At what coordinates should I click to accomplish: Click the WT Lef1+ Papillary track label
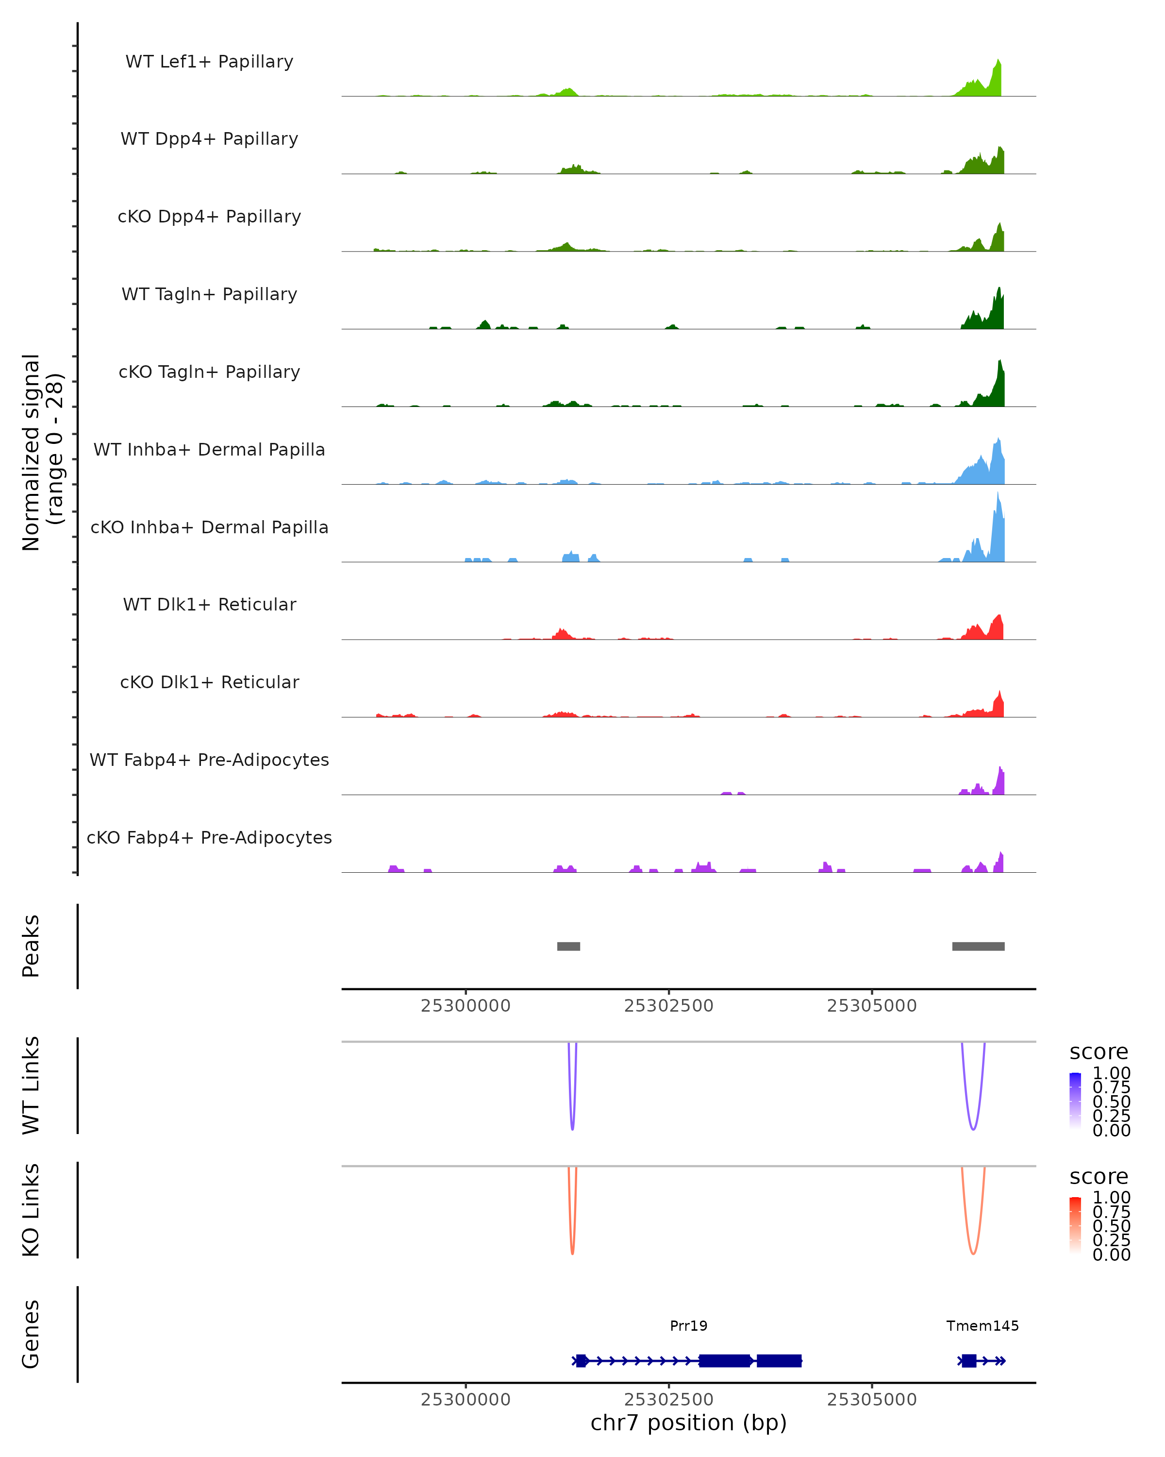(x=209, y=62)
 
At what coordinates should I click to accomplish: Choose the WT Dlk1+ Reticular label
(x=209, y=604)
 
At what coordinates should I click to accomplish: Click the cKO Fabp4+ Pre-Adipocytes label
(x=209, y=837)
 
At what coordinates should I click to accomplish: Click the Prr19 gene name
(x=688, y=1326)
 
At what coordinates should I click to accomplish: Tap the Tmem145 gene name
(x=982, y=1326)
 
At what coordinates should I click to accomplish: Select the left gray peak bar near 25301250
(x=568, y=946)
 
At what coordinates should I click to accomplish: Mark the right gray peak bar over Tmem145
(x=978, y=946)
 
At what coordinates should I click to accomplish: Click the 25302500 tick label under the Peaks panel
(x=668, y=1006)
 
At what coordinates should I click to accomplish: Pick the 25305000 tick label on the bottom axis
(x=872, y=1400)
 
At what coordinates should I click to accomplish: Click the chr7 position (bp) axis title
(x=688, y=1423)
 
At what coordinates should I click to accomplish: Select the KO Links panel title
(x=31, y=1210)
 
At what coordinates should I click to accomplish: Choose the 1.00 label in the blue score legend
(x=1111, y=1073)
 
